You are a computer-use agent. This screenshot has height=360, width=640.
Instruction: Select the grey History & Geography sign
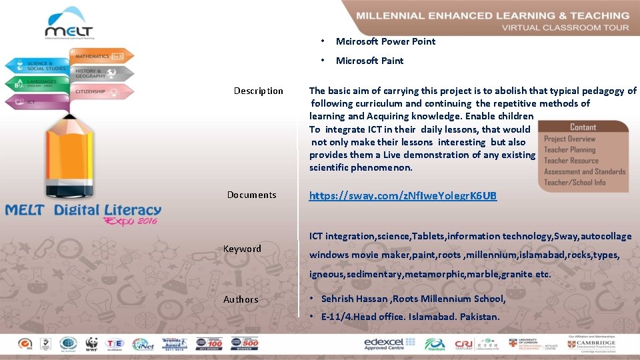click(99, 73)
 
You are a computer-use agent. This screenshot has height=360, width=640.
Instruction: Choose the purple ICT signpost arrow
click(37, 102)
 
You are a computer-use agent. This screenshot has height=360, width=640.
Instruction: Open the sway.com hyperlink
click(403, 195)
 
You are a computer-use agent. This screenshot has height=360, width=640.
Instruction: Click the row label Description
click(258, 91)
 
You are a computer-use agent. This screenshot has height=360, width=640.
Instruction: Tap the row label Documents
click(251, 195)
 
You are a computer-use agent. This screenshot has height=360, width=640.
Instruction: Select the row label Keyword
click(242, 249)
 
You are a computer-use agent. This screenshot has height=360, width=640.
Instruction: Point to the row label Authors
click(241, 299)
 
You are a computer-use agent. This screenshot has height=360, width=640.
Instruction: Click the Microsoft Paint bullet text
click(369, 61)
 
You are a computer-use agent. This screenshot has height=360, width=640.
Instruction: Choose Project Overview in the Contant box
click(569, 139)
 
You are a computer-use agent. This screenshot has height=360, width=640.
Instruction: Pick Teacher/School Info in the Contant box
click(575, 182)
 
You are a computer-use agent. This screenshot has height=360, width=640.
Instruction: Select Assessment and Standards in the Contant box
click(585, 171)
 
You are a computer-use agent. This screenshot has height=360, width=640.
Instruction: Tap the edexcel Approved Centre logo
click(389, 343)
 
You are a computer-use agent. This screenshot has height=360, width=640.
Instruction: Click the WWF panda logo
click(91, 343)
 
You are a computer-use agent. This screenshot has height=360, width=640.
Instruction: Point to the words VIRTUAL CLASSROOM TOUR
click(565, 27)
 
